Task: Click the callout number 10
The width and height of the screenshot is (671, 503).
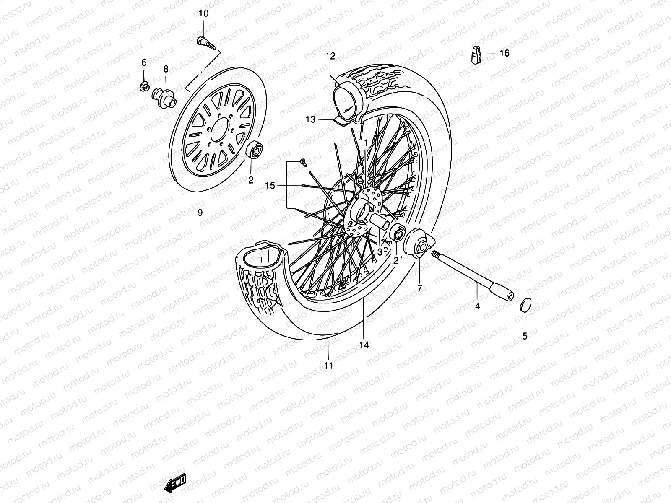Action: [x=203, y=13]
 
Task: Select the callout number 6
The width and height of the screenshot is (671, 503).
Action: [x=144, y=62]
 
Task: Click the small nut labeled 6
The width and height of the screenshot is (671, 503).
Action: [x=144, y=87]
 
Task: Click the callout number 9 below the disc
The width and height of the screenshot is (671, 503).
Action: [x=200, y=213]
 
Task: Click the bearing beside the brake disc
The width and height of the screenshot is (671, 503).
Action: [x=255, y=150]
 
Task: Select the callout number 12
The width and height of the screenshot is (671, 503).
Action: [x=330, y=56]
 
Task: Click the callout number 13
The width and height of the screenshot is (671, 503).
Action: [x=310, y=119]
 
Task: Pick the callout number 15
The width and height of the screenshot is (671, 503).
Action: [x=270, y=185]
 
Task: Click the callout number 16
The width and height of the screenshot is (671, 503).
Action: [x=505, y=53]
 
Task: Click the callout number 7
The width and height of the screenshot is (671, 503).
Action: [x=419, y=288]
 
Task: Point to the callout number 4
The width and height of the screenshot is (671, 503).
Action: [x=477, y=306]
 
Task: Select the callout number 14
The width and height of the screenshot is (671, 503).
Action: [x=364, y=345]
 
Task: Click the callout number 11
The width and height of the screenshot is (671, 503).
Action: [x=329, y=366]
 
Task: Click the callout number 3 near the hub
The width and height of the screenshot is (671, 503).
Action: [x=379, y=252]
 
